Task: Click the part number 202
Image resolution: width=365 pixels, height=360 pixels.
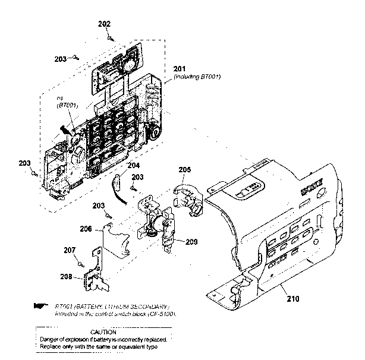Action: pyautogui.click(x=104, y=23)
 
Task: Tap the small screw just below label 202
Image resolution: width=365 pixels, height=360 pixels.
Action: pyautogui.click(x=111, y=36)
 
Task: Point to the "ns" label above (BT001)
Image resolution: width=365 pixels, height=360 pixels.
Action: pyautogui.click(x=59, y=98)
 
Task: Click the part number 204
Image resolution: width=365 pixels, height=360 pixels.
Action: pyautogui.click(x=134, y=166)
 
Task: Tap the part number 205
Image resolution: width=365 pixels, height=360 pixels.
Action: pyautogui.click(x=185, y=169)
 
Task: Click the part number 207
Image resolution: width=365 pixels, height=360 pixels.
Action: pyautogui.click(x=70, y=250)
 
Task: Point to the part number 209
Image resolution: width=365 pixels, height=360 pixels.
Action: pyautogui.click(x=191, y=242)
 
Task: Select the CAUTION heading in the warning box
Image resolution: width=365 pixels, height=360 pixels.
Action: pyautogui.click(x=103, y=331)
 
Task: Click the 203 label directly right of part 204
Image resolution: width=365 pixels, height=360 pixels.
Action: pyautogui.click(x=137, y=177)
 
